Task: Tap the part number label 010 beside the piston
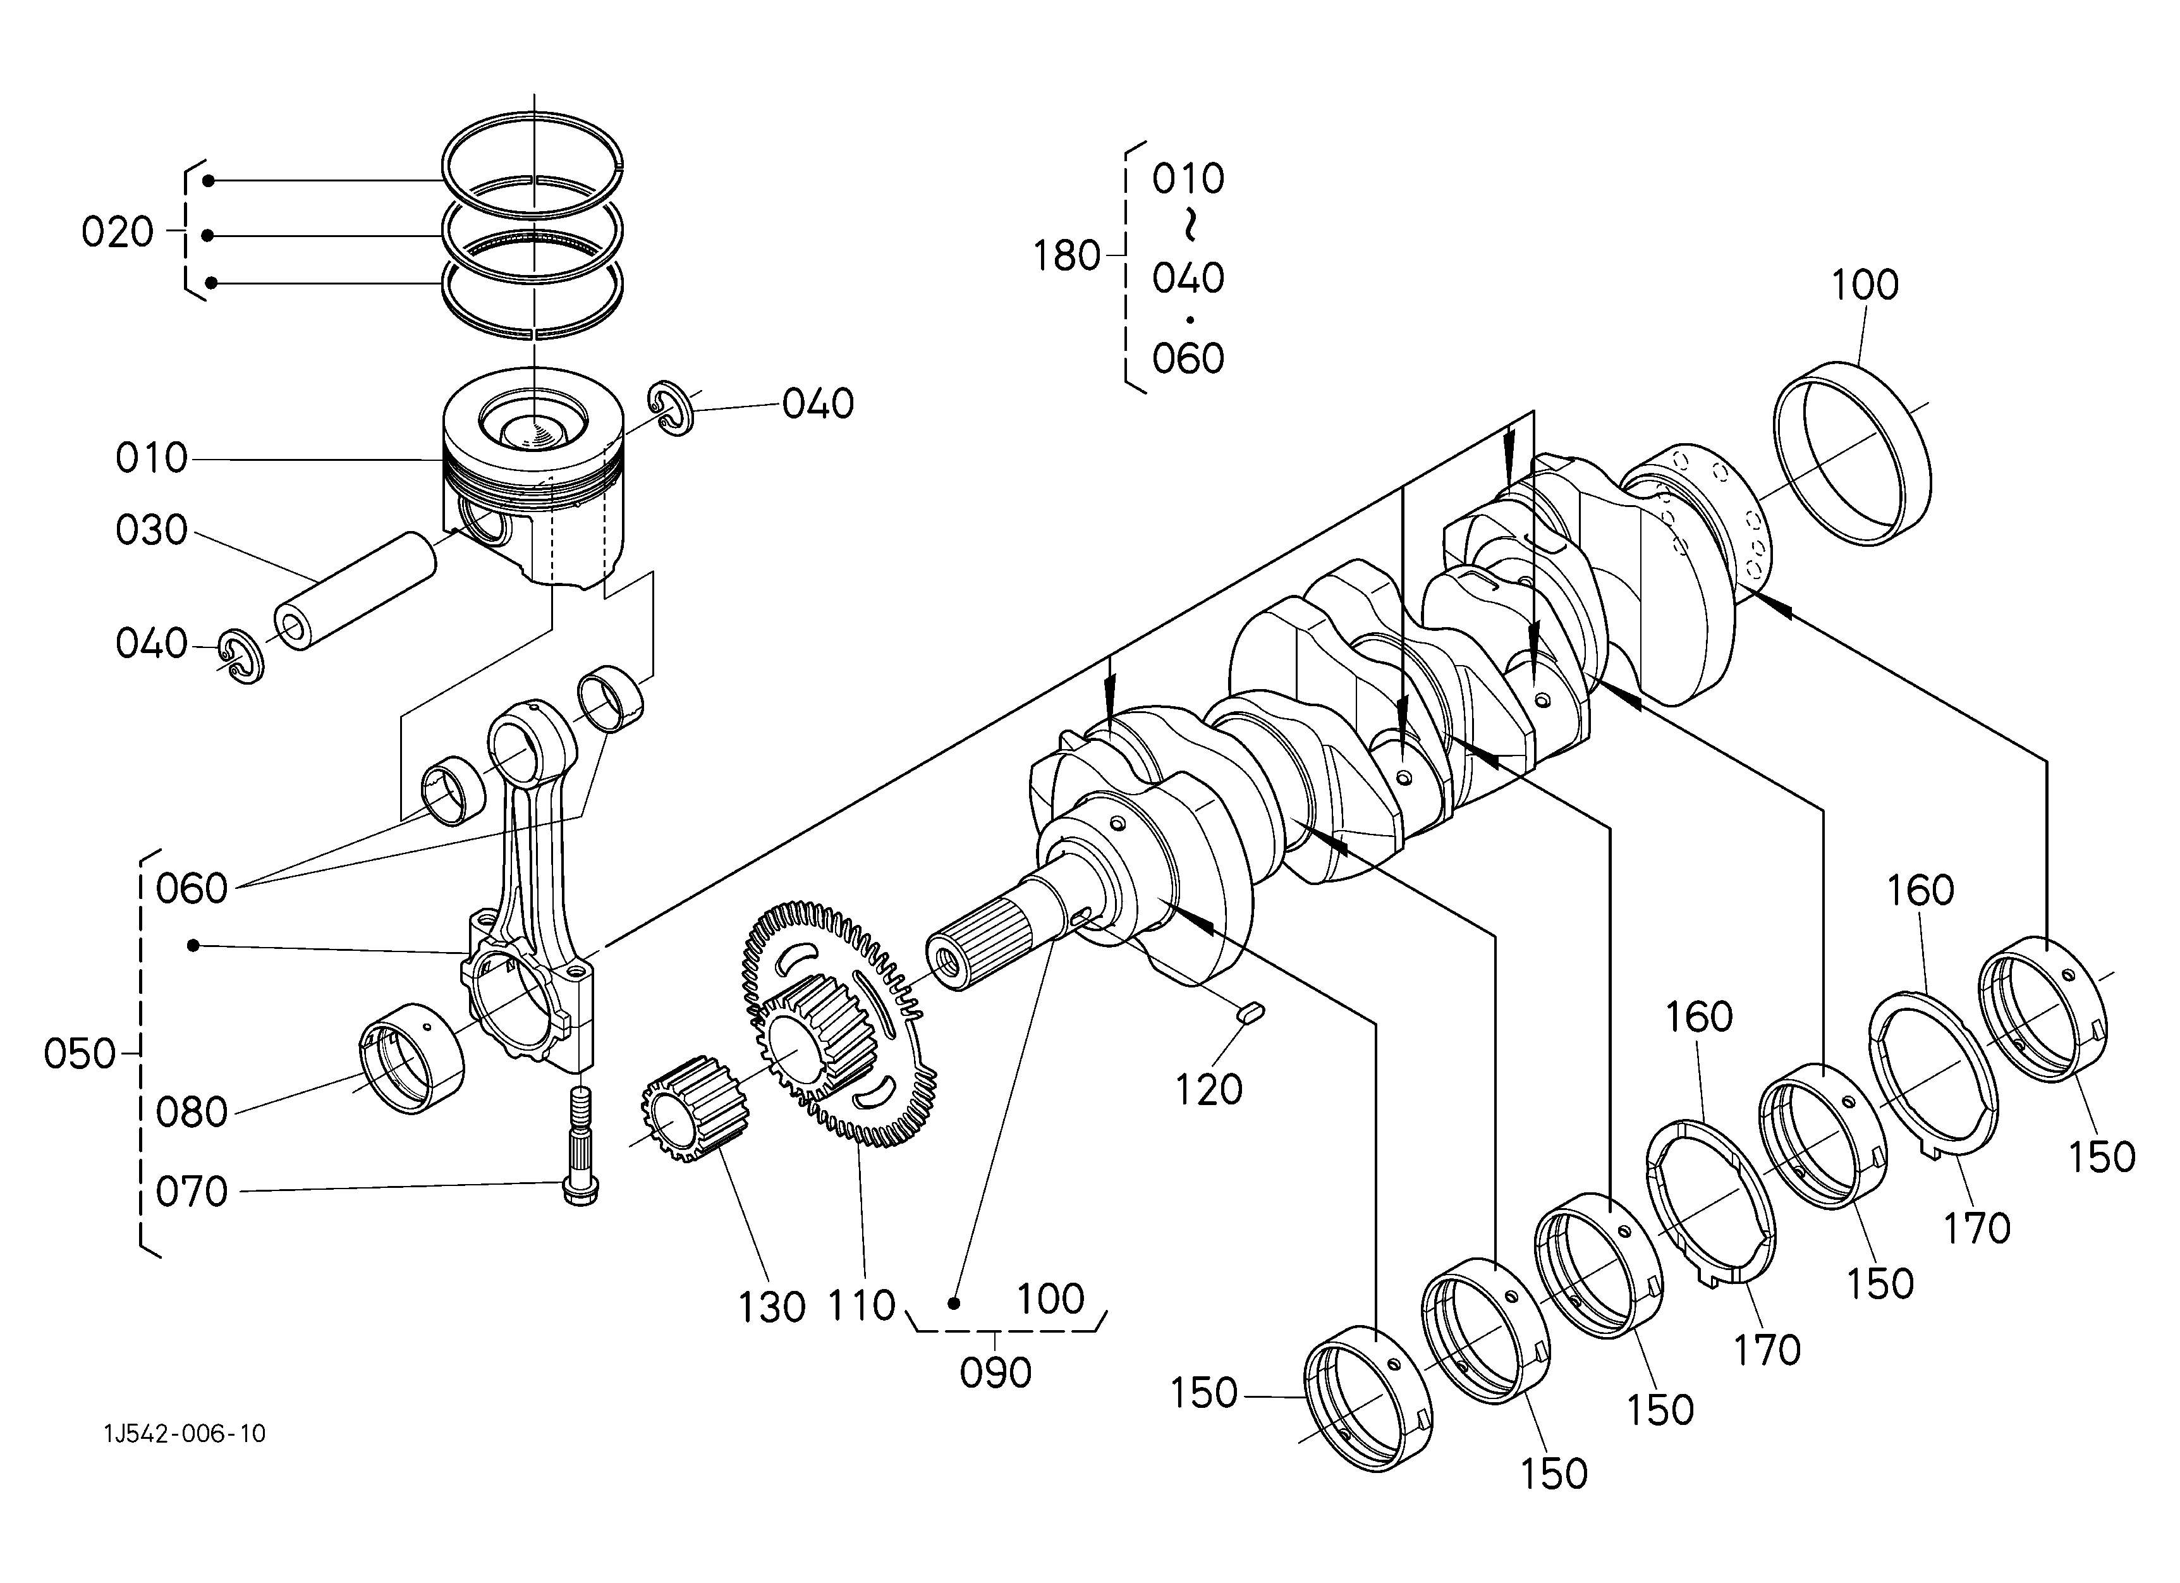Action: [x=151, y=458]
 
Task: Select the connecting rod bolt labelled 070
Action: [x=581, y=1145]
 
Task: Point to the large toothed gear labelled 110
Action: [x=832, y=1023]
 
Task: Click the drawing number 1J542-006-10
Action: [x=185, y=1434]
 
